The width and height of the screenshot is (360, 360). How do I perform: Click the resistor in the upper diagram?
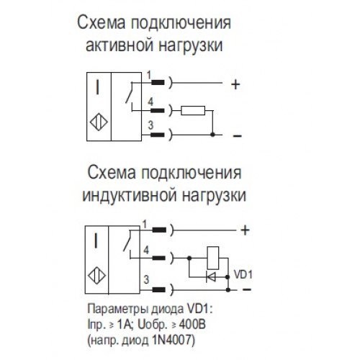coord(193,110)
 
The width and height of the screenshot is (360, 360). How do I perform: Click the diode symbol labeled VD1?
coord(211,277)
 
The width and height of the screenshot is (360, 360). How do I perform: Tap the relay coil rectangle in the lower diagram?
coord(213,258)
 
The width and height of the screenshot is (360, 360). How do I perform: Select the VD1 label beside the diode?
coord(243,274)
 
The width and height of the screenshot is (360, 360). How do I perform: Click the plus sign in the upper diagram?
coord(235,84)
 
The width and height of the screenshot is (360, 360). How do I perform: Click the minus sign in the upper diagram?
coord(237,136)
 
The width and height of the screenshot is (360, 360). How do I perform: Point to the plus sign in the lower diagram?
coord(245,230)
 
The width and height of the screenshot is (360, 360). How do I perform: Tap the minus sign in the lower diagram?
coord(247,289)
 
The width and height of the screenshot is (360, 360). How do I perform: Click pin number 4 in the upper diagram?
coord(150,102)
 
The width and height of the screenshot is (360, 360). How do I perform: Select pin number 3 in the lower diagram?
coord(146,279)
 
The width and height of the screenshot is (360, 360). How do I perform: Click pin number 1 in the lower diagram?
coord(145,225)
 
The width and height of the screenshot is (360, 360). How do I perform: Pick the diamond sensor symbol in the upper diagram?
coord(99,122)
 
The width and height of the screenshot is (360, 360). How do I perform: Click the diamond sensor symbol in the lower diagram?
coord(97,276)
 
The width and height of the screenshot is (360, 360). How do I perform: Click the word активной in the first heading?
coord(120,45)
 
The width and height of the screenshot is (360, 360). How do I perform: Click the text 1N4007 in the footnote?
coord(173,340)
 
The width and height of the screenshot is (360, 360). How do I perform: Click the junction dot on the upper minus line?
coord(212,135)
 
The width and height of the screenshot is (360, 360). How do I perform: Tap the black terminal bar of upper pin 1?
coord(158,83)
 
